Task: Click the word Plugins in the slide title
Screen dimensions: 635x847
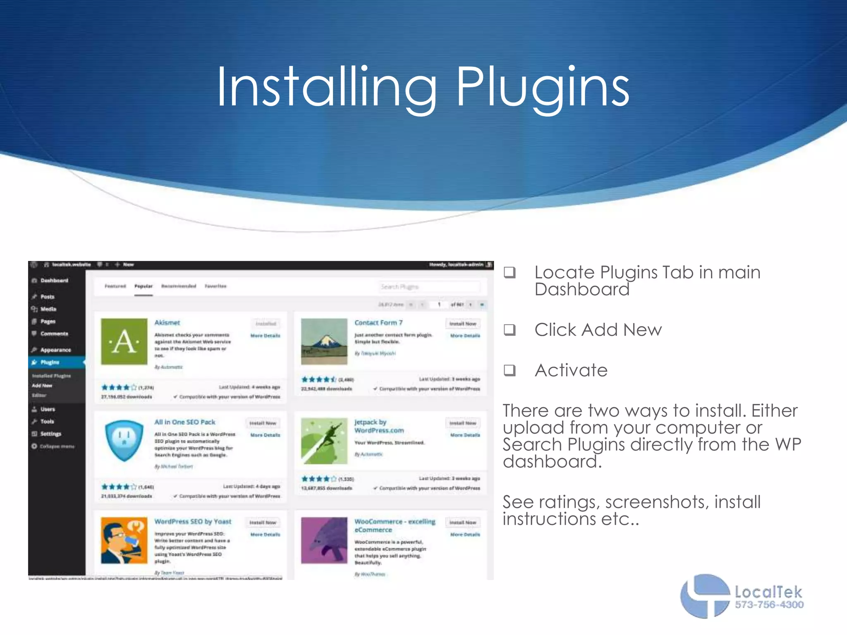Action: [542, 88]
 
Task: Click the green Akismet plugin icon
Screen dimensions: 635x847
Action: [124, 341]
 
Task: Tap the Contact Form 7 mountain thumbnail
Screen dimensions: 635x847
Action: [324, 341]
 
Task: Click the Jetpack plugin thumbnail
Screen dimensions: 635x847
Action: [324, 441]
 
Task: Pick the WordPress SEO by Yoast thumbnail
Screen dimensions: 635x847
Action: [124, 540]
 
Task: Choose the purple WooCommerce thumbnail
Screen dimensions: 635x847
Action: [324, 540]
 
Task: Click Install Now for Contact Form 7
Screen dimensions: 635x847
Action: [463, 324]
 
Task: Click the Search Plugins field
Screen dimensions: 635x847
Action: [429, 286]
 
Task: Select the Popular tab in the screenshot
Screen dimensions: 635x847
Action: [144, 286]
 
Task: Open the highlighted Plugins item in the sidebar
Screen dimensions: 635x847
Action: [50, 362]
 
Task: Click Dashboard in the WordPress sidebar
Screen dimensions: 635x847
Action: [54, 280]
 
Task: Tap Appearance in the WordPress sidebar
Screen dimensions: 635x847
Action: [55, 350]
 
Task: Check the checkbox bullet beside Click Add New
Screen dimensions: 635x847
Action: [510, 329]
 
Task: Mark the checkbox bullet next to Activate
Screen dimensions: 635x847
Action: [510, 370]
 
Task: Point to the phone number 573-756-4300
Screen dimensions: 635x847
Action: [769, 605]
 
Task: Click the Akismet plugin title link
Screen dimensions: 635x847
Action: [167, 322]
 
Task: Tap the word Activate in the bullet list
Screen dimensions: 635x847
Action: [571, 370]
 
